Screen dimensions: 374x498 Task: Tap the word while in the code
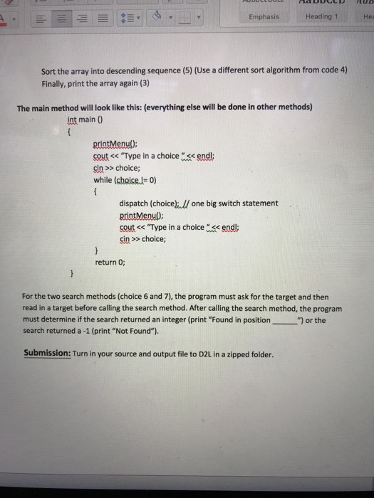point(103,179)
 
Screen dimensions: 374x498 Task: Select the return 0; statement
point(110,262)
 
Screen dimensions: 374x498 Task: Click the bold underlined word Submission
point(46,354)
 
